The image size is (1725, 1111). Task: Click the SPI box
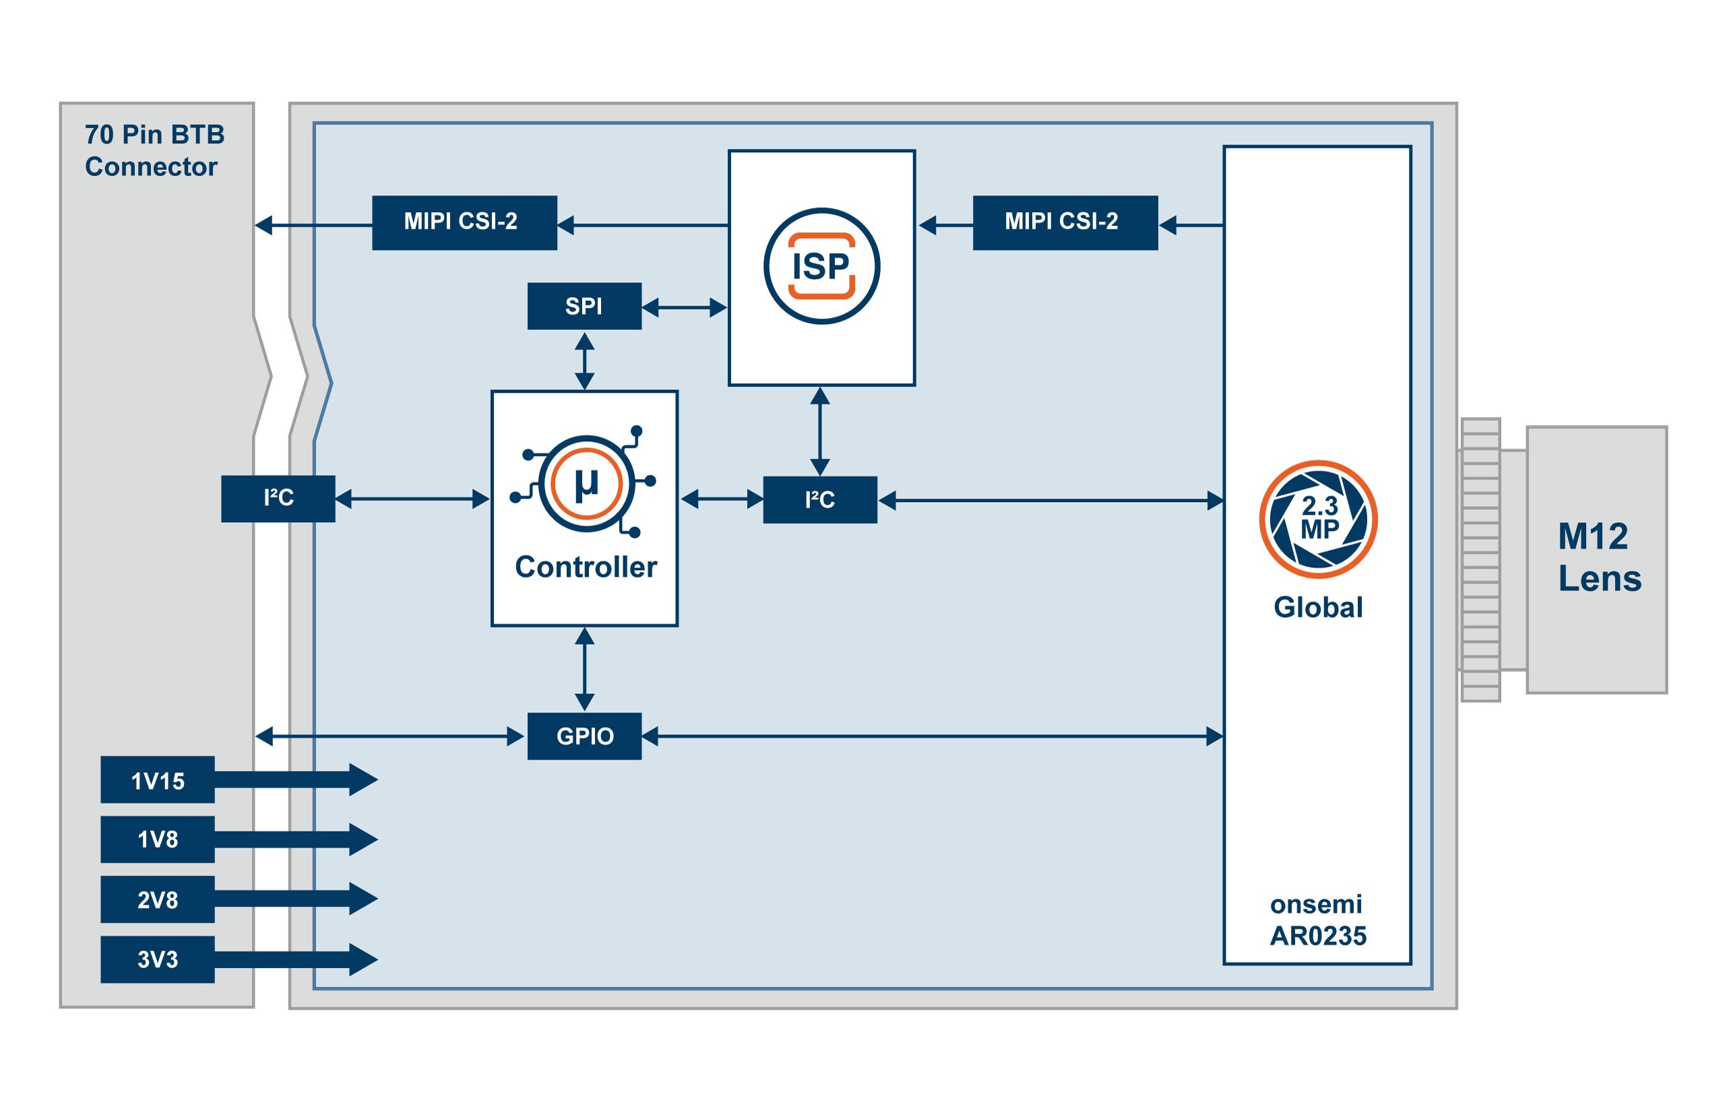point(584,306)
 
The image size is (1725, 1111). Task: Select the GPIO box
point(584,736)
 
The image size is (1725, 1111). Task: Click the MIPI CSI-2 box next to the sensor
point(1064,222)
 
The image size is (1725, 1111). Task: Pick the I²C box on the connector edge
point(278,499)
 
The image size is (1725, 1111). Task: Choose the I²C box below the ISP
point(819,499)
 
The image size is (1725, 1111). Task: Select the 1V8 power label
point(157,839)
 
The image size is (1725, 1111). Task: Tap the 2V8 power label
point(157,899)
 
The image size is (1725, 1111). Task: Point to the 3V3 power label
point(157,959)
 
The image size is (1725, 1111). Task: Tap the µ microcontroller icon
point(586,483)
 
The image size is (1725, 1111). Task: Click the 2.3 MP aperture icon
point(1317,519)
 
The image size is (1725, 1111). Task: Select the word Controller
point(585,567)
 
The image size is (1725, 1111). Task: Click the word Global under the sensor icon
point(1317,608)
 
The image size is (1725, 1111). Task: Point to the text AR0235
point(1317,936)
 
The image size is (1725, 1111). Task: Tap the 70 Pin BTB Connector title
point(154,150)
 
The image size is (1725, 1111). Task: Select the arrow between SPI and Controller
point(584,360)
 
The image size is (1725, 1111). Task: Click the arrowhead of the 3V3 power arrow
point(363,959)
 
